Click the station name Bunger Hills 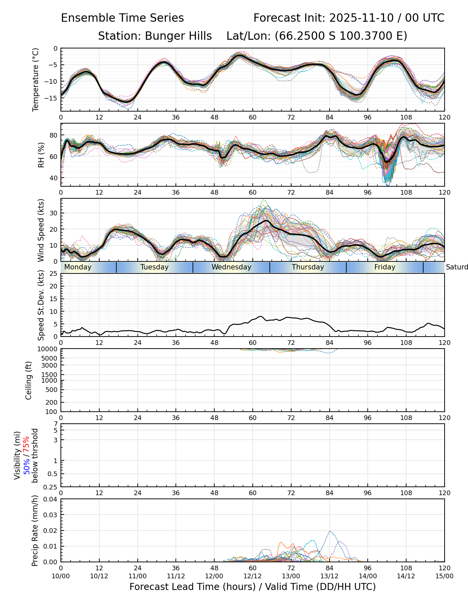point(178,36)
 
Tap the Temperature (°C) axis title point(36,79)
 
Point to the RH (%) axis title point(41,155)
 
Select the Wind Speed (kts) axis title point(41,230)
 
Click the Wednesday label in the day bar point(231,267)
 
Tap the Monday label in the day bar point(78,267)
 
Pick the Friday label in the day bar point(385,267)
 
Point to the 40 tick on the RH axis point(54,178)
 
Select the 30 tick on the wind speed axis point(54,213)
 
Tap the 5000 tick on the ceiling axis point(51,358)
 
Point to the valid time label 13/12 point(329,576)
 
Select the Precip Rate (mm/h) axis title point(35,531)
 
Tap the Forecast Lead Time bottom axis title point(252,587)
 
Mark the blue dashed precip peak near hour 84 point(330,531)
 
